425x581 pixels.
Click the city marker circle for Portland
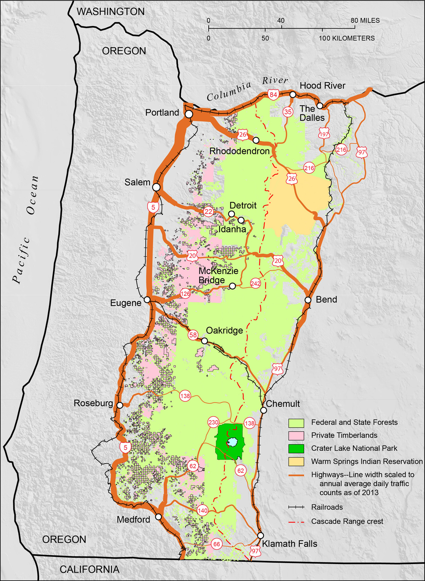point(189,114)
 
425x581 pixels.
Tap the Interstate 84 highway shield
point(273,94)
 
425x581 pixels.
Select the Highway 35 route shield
point(288,112)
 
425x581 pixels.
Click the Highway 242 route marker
point(255,283)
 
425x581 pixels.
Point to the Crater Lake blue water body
point(232,442)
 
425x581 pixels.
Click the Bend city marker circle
point(308,300)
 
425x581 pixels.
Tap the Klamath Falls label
point(289,544)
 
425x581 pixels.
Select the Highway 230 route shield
point(213,422)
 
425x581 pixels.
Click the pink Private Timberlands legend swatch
point(296,435)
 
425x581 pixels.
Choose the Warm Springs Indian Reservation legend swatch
point(296,462)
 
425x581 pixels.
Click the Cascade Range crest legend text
point(347,521)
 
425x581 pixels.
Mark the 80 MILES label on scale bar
point(365,20)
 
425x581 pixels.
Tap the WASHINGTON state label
point(110,12)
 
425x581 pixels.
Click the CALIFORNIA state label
point(89,569)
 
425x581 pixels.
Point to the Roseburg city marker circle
point(120,405)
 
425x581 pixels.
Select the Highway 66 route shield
point(216,544)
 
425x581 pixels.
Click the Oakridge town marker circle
point(205,341)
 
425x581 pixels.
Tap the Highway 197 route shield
point(324,134)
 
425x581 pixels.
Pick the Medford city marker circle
point(158,516)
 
